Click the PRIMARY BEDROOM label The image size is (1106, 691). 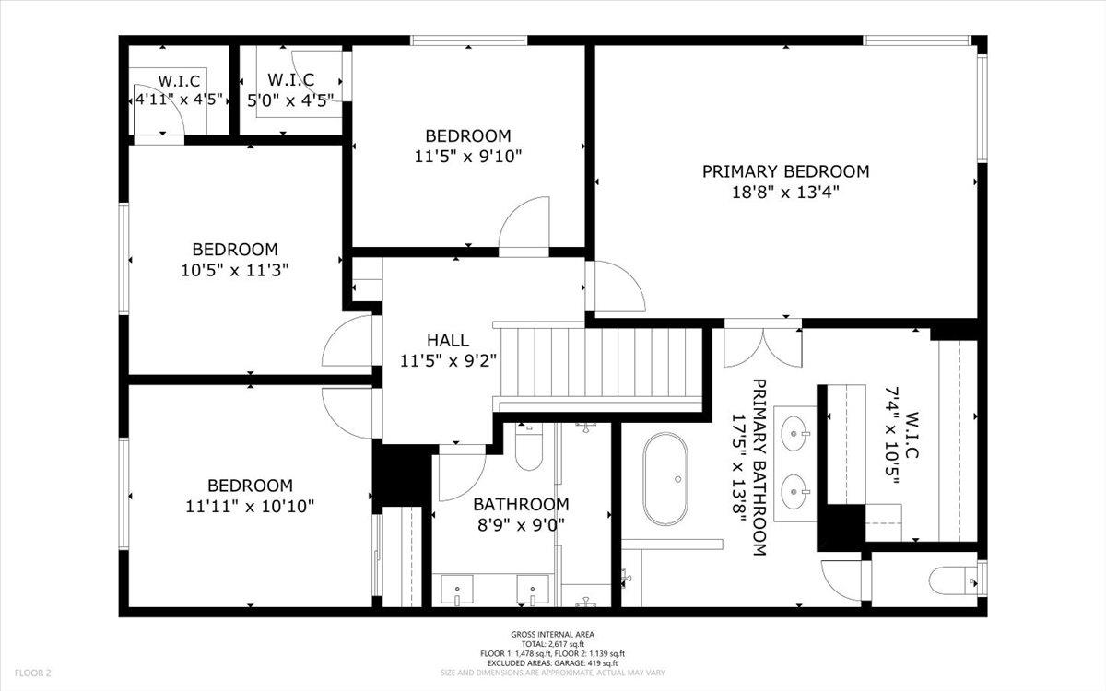pos(785,171)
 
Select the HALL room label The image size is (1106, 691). pos(448,341)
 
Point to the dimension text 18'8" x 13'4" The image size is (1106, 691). pos(785,193)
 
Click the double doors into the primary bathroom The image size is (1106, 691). pos(762,345)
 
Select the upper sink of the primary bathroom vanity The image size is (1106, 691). pos(794,430)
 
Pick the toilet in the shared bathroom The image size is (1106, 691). pos(530,448)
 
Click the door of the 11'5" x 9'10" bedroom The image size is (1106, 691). pos(524,226)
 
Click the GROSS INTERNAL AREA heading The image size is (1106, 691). pos(552,634)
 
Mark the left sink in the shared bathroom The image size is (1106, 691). pos(457,588)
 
